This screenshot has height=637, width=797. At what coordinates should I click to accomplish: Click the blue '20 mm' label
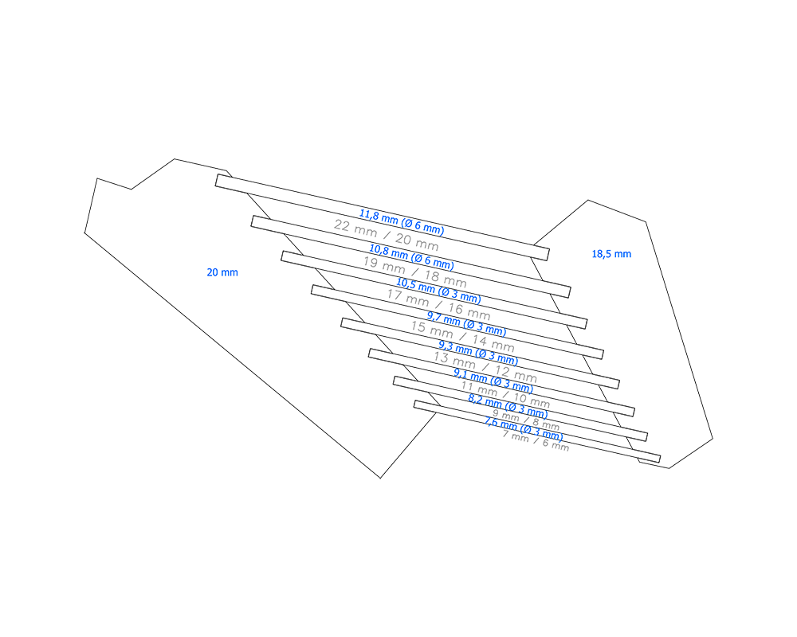pyautogui.click(x=222, y=272)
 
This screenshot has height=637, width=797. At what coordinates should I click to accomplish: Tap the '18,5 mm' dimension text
pyautogui.click(x=611, y=254)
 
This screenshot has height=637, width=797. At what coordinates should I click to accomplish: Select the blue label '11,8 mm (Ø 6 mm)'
pyautogui.click(x=402, y=222)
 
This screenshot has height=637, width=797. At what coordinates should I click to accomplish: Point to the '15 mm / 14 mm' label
pyautogui.click(x=462, y=337)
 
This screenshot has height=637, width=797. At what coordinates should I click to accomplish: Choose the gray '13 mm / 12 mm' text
pyautogui.click(x=485, y=366)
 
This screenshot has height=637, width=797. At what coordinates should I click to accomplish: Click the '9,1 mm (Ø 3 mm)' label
pyautogui.click(x=493, y=381)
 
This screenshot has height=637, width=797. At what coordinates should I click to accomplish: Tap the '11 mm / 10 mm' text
pyautogui.click(x=506, y=394)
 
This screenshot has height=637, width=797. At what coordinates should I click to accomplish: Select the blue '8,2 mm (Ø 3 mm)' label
pyautogui.click(x=508, y=407)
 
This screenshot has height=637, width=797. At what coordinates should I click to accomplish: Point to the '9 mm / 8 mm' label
pyautogui.click(x=525, y=420)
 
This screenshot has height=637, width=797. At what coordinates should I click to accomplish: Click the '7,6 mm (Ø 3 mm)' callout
pyautogui.click(x=524, y=430)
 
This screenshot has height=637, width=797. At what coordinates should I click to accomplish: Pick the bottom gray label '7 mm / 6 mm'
pyautogui.click(x=536, y=440)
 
